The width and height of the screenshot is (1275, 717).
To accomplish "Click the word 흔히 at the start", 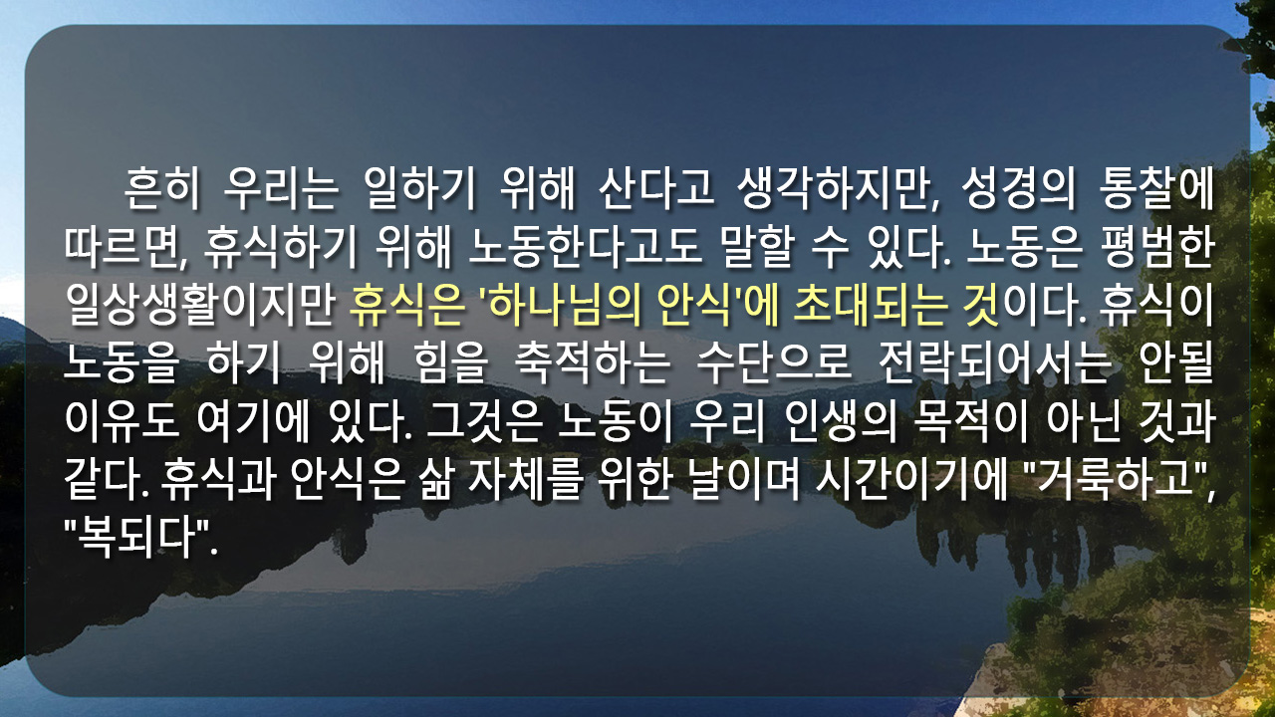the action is pyautogui.click(x=162, y=188).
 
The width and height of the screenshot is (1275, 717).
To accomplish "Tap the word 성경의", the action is pyautogui.click(x=1019, y=188).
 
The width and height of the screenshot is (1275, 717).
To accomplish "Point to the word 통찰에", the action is pyautogui.click(x=1156, y=188).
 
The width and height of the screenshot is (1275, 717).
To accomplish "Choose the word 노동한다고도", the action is pyautogui.click(x=586, y=248).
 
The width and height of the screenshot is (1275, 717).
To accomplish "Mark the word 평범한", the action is pyautogui.click(x=1158, y=248).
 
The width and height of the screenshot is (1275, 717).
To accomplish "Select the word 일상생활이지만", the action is pyautogui.click(x=200, y=305).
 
